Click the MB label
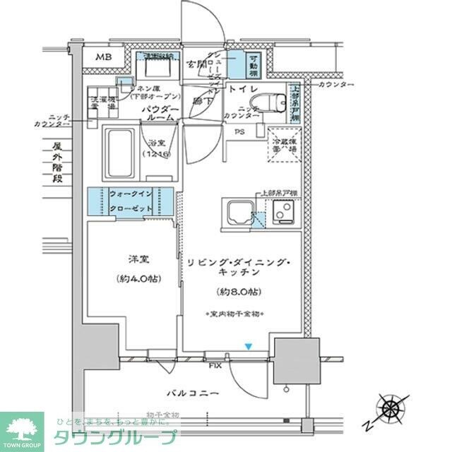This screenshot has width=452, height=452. [104, 57]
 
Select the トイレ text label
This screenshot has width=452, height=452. [241, 89]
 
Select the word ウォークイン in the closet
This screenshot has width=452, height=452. [132, 194]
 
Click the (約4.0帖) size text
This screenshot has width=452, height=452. [132, 278]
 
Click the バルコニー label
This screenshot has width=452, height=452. [191, 393]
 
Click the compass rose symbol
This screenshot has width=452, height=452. [391, 408]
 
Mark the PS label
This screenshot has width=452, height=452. [240, 131]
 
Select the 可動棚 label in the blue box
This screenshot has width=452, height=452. [253, 66]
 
